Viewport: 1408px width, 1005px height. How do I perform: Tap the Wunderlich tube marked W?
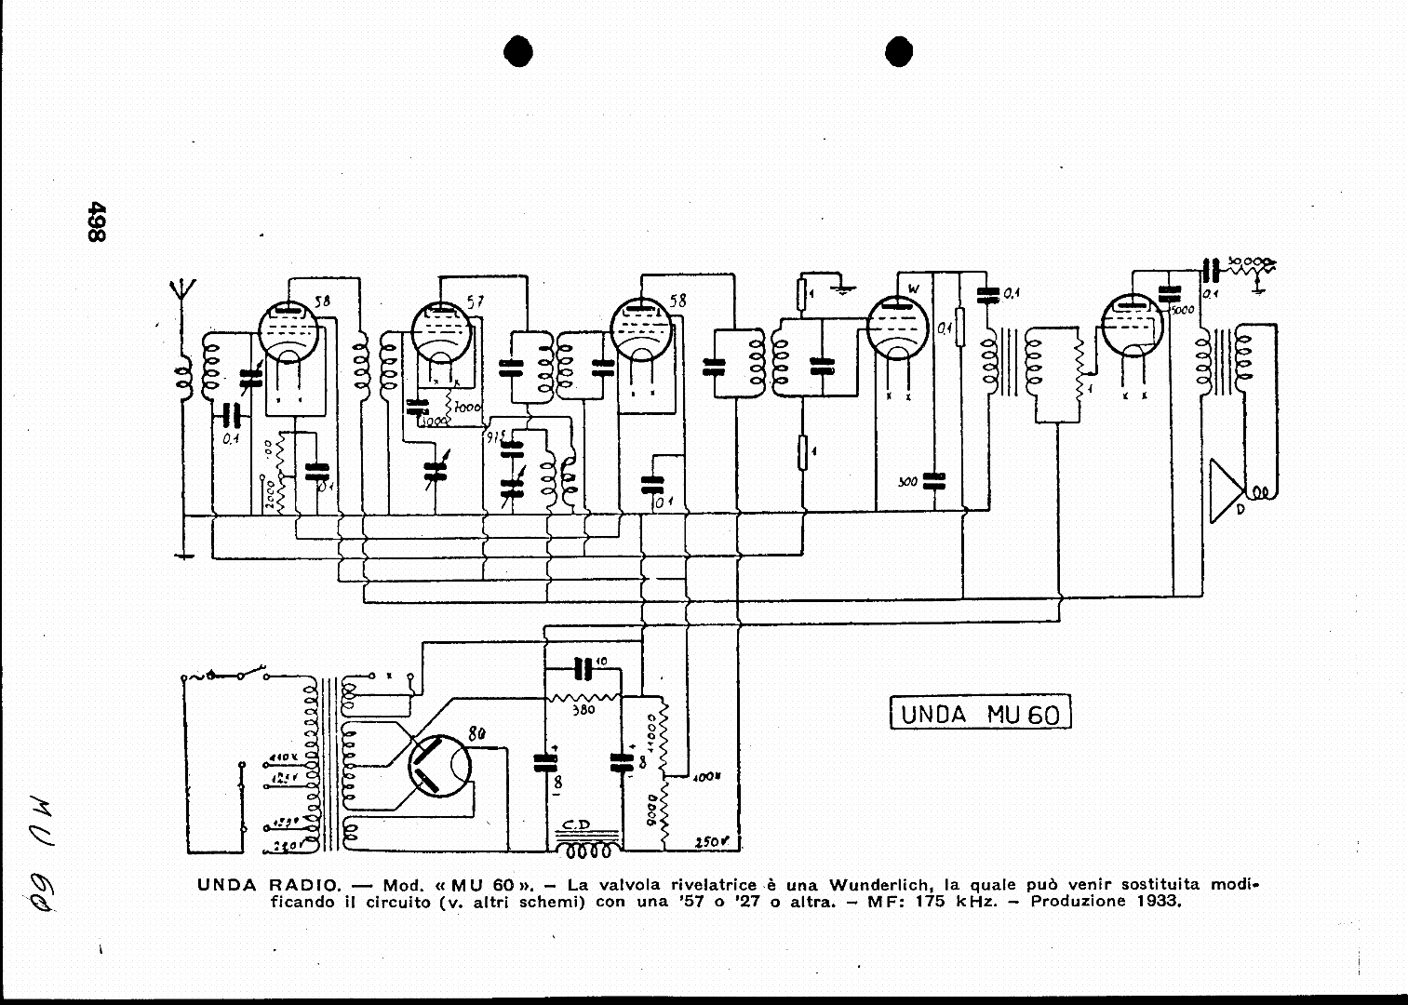[897, 327]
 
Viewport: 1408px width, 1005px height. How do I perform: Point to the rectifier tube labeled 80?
[439, 766]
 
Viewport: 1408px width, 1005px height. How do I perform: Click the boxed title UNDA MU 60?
[980, 714]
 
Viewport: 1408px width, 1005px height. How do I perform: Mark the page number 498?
[96, 222]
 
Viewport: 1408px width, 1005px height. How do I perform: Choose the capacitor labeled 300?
[933, 481]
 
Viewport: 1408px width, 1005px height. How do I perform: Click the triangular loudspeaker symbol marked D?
[1226, 490]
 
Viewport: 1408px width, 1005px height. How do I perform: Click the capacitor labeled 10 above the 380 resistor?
[583, 667]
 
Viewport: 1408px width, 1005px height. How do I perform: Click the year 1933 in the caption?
[1159, 903]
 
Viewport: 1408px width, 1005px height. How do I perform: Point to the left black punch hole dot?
[518, 52]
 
